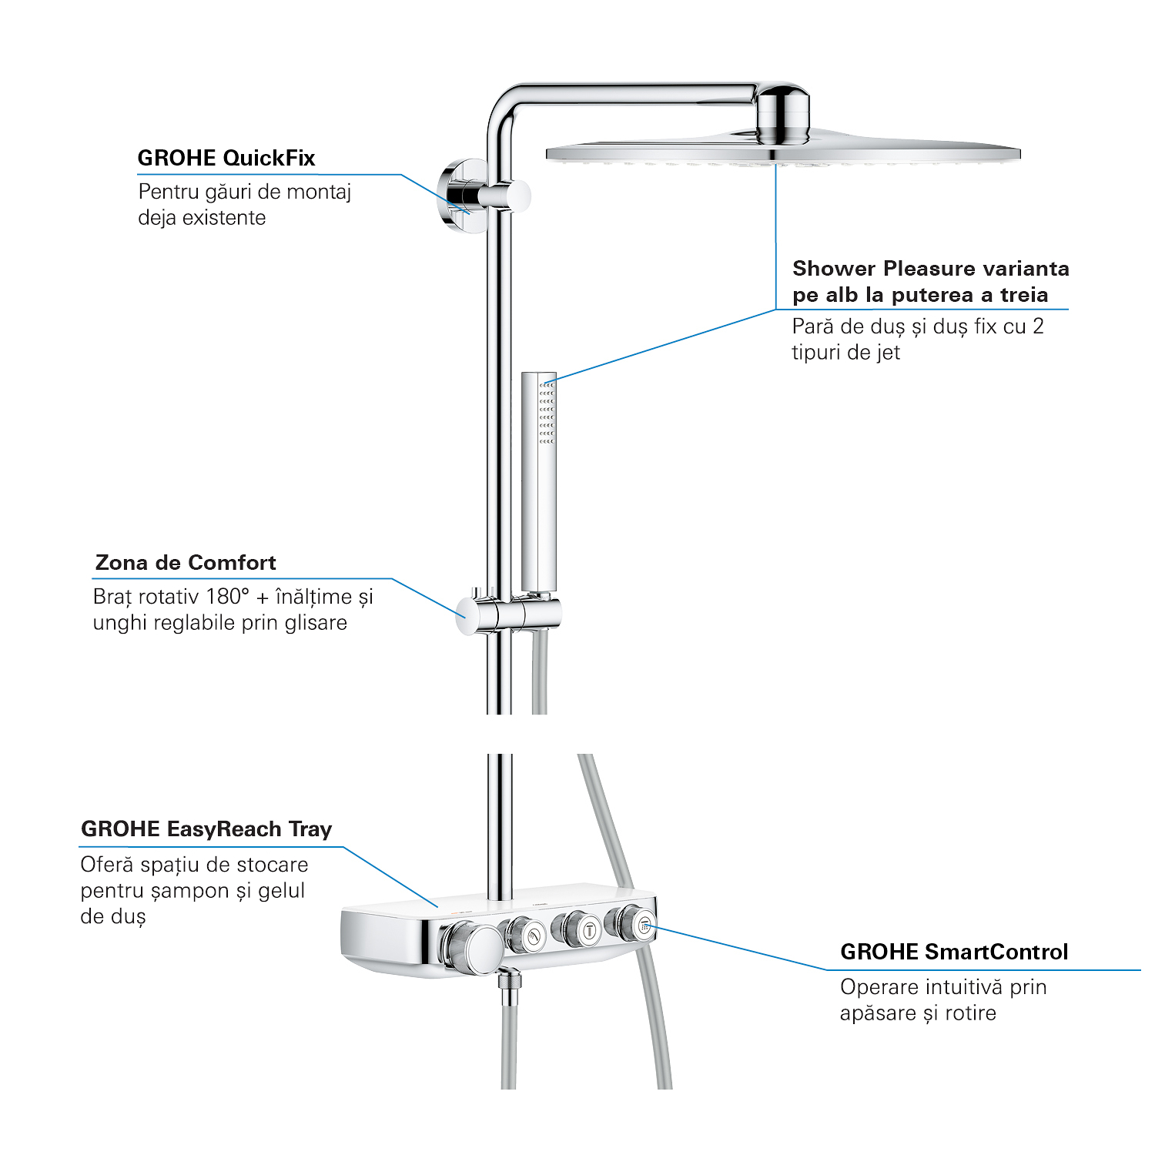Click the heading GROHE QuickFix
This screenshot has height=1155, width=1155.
point(226,158)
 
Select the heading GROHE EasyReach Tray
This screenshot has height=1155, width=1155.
point(206,829)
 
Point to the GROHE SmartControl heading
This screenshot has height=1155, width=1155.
point(954,952)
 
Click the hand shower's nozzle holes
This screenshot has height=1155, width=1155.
point(547,412)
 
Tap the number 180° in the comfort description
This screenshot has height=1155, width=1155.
point(228,597)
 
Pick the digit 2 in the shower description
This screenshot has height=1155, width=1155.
point(1038,326)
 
